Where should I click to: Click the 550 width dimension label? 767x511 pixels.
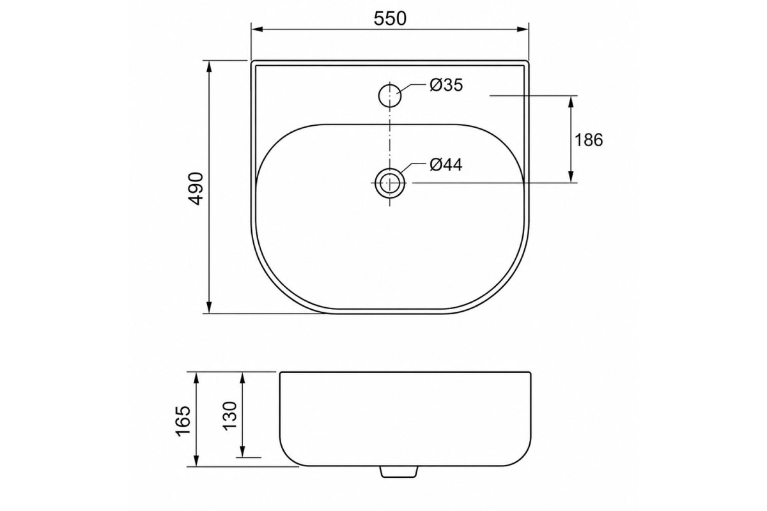tap(390, 18)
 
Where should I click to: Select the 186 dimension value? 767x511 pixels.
tap(589, 140)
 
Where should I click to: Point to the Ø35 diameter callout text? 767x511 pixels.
tap(446, 85)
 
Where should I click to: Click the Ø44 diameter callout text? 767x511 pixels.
tap(446, 165)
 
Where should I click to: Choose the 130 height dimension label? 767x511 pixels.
tap(229, 415)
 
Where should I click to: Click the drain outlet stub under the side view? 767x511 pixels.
tap(399, 471)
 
